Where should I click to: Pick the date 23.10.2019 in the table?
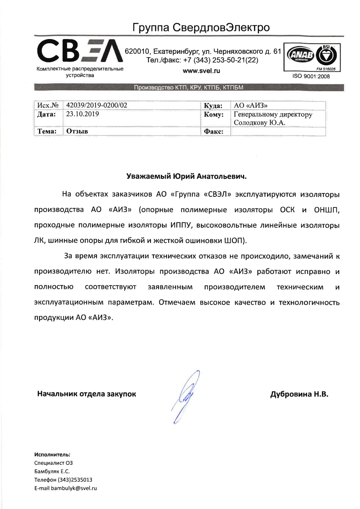pos(80,114)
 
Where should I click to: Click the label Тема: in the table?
pos(47,131)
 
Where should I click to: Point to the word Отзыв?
pos(77,131)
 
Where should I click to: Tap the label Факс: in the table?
pos(213,132)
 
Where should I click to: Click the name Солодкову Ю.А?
pos(260,123)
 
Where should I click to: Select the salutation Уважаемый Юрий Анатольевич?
pos(187,176)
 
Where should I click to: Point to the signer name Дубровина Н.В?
pos(299,394)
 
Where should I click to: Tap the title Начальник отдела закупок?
pos(87,394)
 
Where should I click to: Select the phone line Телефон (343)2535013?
pos(63,480)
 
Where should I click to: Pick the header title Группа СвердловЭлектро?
pos(201,28)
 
